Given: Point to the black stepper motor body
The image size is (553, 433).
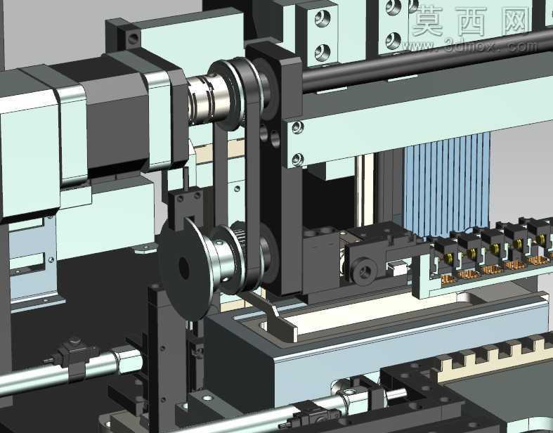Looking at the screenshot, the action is pos(117,120).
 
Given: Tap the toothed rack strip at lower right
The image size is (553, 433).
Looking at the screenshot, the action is pos(494,356).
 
